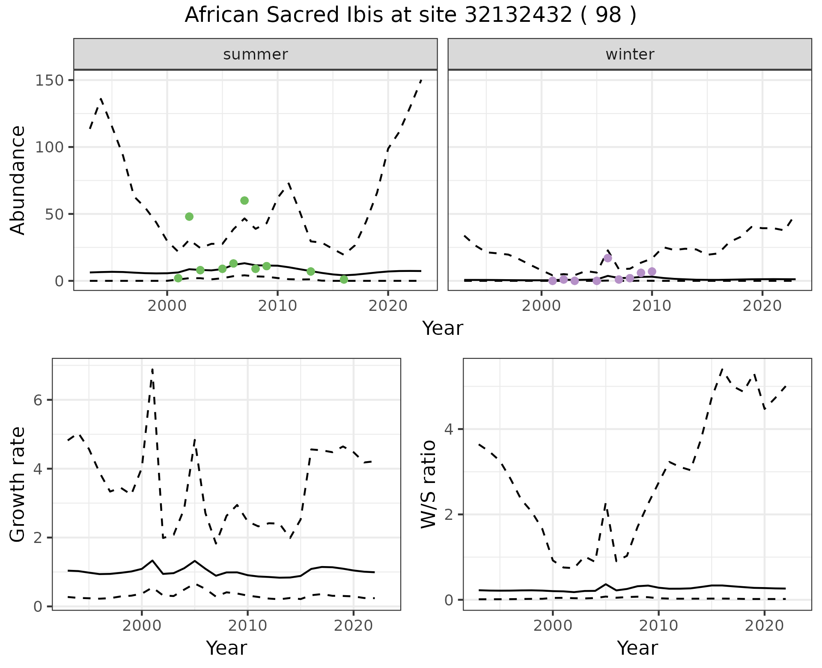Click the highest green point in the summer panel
point(244,200)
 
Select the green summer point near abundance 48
point(189,217)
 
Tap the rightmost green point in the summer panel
point(344,280)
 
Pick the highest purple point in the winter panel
point(608,258)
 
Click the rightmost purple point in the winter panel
point(652,271)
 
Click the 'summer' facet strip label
point(256,54)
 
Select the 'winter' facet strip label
point(630,54)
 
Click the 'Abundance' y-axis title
point(18,180)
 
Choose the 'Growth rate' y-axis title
point(18,485)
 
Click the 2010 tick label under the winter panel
point(652,306)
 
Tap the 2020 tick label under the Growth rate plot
point(353,626)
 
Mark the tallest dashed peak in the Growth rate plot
point(152,369)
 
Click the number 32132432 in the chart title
point(518,15)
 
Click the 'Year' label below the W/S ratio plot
point(637,648)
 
